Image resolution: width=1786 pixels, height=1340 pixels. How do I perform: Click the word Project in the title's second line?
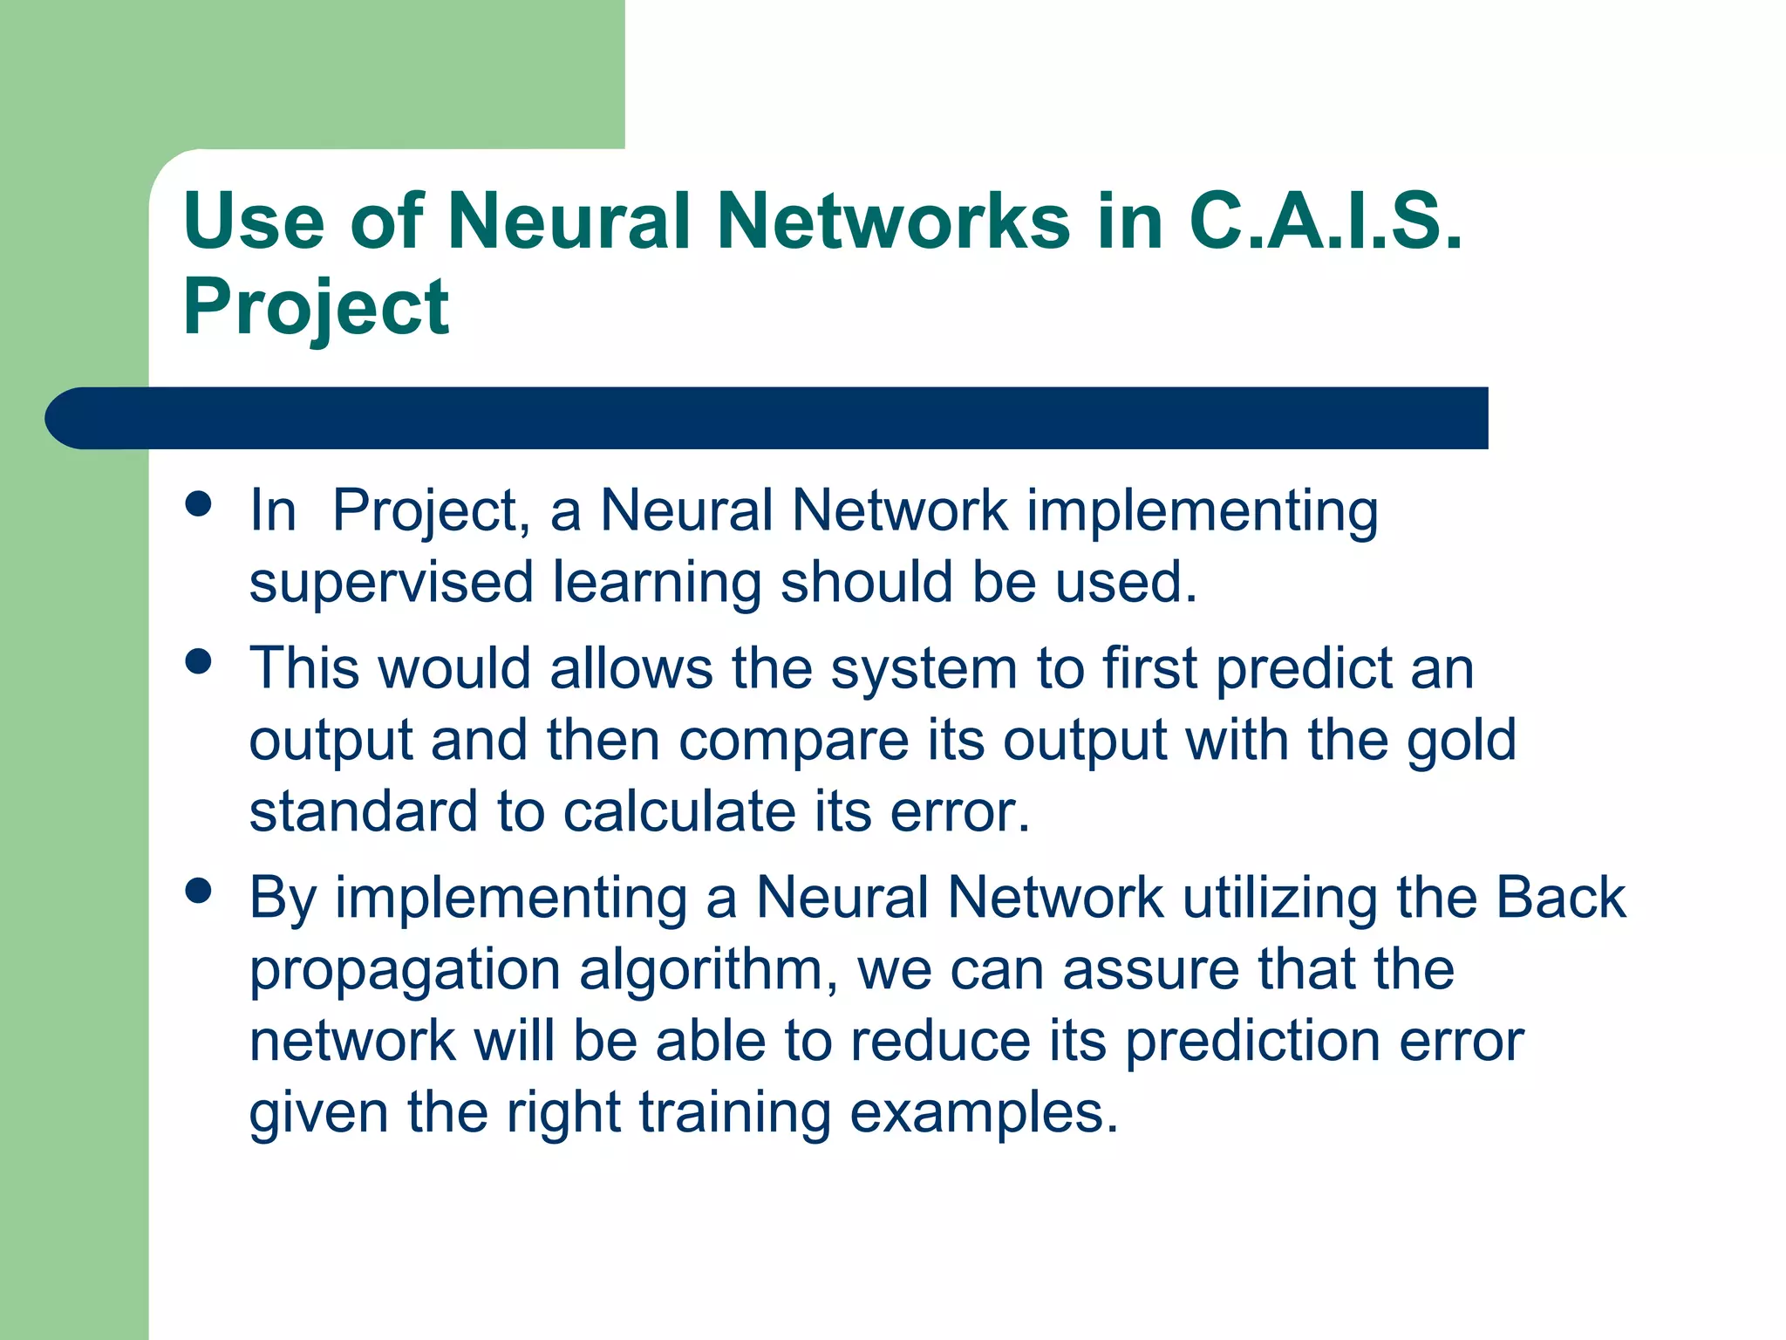[x=316, y=307]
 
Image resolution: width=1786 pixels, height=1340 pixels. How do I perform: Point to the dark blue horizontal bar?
[x=767, y=418]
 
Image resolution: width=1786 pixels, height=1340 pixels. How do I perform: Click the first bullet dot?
[x=199, y=503]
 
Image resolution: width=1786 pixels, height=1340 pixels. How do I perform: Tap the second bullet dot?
[x=199, y=661]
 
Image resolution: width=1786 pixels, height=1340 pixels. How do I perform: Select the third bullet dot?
[x=199, y=891]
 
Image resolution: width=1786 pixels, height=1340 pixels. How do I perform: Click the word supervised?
[x=391, y=583]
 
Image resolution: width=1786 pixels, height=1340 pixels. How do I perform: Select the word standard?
[x=364, y=811]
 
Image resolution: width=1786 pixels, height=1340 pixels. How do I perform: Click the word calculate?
[x=679, y=811]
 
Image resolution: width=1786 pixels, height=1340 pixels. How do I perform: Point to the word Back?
[x=1560, y=898]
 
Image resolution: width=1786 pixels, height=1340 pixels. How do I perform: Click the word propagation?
[x=405, y=971]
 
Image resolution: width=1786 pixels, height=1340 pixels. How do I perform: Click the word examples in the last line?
[x=983, y=1114]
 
